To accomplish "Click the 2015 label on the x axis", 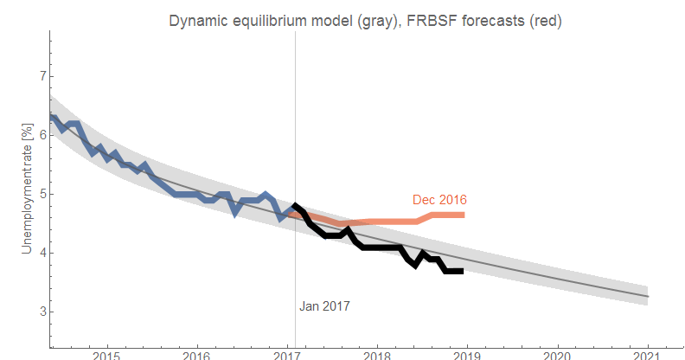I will tap(106, 353).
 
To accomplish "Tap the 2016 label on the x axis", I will tap(197, 353).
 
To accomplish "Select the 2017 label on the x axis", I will tap(287, 353).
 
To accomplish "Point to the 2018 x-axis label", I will tap(377, 353).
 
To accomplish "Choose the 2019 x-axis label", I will tap(467, 353).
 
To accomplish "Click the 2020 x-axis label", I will tap(558, 353).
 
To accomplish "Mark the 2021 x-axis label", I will tap(648, 353).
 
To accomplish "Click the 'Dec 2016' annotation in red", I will tap(439, 200).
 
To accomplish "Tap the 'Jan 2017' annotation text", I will tap(325, 305).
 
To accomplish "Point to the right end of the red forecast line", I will tap(464, 215).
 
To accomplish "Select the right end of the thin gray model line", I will tap(648, 297).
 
